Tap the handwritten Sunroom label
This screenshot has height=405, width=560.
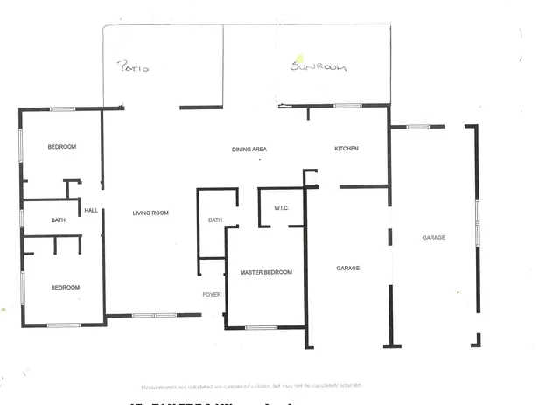(x=318, y=66)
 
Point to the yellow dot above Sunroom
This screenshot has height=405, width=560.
(x=298, y=59)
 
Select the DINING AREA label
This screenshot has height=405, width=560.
(x=248, y=150)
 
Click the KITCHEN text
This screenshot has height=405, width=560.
(x=346, y=149)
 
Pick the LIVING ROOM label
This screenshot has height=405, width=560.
(x=150, y=213)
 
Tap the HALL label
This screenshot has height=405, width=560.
(x=91, y=210)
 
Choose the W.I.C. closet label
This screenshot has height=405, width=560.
(x=281, y=207)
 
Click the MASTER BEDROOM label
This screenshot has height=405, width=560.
(x=266, y=273)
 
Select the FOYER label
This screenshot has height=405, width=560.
(x=211, y=294)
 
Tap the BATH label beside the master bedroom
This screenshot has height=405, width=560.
(x=215, y=220)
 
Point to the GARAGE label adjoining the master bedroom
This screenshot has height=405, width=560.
(x=348, y=268)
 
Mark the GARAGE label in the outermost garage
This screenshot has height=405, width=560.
(x=434, y=237)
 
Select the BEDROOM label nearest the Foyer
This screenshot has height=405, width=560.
(x=65, y=287)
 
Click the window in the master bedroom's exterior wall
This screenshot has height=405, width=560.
(x=261, y=328)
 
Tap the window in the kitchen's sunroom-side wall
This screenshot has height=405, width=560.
(x=347, y=106)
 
